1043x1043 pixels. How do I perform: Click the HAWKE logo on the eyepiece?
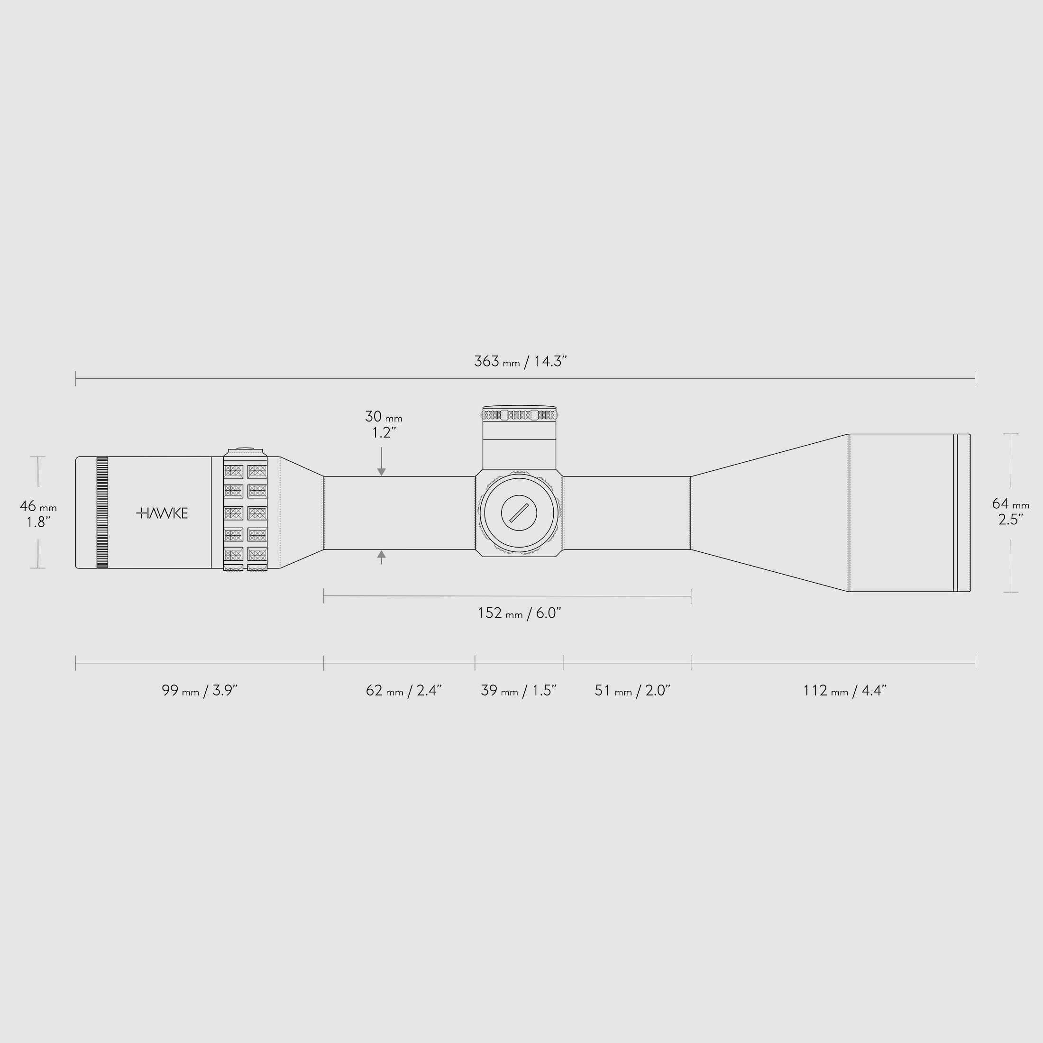162,513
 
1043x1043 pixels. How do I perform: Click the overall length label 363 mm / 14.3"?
520,362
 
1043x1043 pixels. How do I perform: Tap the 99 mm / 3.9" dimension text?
200,690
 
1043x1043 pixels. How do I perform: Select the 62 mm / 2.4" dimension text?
404,690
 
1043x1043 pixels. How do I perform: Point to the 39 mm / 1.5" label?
518,690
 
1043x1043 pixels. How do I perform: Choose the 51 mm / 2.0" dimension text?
632,690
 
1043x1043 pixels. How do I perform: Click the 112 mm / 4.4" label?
845,690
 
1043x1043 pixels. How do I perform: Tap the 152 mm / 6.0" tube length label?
519,613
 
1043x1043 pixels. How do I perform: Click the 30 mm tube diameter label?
383,417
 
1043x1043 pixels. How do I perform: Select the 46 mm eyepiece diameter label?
38,506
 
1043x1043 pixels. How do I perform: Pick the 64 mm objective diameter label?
1011,503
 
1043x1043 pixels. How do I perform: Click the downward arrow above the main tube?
382,471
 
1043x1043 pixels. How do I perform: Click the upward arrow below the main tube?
382,554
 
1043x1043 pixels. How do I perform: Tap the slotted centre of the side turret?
519,512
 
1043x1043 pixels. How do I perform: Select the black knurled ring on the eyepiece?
102,512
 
